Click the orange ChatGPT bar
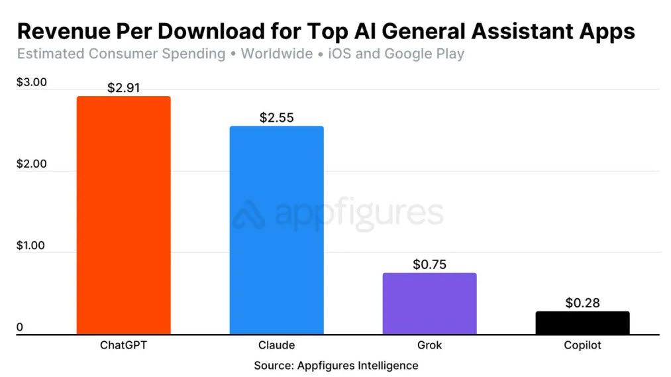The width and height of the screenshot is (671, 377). pos(123,215)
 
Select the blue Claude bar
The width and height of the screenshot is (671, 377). pos(276,230)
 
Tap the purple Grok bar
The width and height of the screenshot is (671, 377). pos(429,303)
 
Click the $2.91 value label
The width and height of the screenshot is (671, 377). pos(123,87)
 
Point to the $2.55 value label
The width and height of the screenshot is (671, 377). pos(276,118)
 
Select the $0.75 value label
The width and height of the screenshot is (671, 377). pos(429,264)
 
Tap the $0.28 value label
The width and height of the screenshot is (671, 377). pos(582,303)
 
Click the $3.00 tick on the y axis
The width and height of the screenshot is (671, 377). pos(31,83)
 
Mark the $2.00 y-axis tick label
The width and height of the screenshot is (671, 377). pos(31,164)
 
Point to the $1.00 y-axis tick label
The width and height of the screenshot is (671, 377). pos(31,246)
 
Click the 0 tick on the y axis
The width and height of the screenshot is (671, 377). pos(21,327)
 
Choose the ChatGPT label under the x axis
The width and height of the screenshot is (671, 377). pos(123,345)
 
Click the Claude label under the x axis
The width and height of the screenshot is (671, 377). pos(276,345)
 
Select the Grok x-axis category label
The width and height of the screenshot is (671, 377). pos(429,345)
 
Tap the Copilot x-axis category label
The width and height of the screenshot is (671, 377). pos(582,345)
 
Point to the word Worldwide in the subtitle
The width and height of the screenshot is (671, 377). pos(276,54)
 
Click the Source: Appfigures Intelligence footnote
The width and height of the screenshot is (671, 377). pos(336,365)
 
